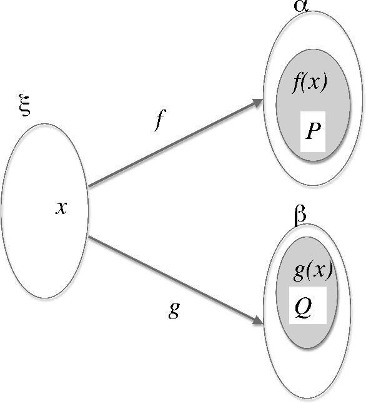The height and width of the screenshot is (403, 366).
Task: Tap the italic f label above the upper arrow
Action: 160,120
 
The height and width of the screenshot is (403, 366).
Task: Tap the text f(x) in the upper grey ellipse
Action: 310,83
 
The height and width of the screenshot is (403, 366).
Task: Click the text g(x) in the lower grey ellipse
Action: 312,272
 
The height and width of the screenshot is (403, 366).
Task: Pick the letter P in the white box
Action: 313,131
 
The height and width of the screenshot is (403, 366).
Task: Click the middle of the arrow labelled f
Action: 175,143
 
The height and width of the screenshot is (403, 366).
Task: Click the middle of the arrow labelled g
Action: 175,280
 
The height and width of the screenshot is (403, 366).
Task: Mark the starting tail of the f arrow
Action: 91,185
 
